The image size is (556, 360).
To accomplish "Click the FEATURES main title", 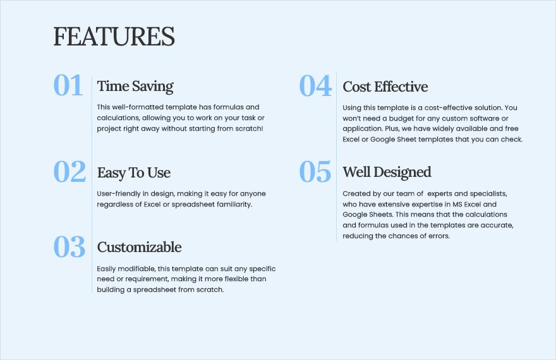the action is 114,37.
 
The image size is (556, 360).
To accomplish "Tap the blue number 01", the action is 68,85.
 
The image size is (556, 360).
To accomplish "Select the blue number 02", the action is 69,172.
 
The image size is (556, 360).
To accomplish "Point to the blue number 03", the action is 69,246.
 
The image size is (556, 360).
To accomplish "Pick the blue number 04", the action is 315,85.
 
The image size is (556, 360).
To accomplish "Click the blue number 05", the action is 315,172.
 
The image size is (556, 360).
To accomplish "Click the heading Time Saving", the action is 135,87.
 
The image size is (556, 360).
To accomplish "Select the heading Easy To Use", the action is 134,173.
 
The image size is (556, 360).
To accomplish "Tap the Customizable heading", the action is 140,247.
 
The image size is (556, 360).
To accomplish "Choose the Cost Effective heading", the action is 385,87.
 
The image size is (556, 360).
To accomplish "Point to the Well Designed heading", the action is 387,172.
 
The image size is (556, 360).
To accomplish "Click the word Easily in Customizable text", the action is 106,269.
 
